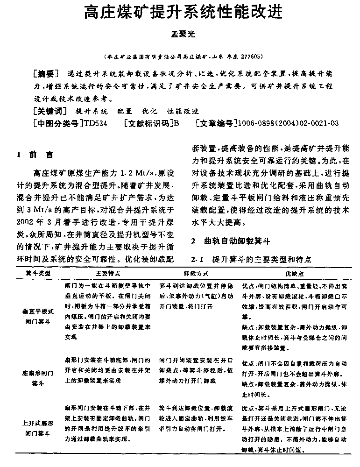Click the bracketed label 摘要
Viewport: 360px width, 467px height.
pos(47,74)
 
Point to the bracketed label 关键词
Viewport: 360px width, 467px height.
pos(51,111)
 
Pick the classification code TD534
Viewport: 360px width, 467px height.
pos(94,123)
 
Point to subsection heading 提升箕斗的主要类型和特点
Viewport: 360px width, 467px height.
pos(261,259)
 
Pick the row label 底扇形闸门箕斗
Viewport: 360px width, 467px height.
pos(38,378)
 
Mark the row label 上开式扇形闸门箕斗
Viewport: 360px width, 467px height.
pos(38,428)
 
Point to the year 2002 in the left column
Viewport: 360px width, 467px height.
pos(26,221)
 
